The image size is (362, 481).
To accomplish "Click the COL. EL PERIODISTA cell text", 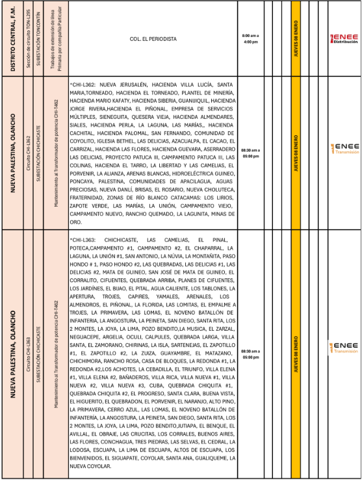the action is coord(153,39).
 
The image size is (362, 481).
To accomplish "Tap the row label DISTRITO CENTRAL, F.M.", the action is coord(14,38).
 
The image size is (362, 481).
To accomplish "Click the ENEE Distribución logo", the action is coord(344,38).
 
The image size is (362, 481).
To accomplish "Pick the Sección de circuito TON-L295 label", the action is coord(27,38).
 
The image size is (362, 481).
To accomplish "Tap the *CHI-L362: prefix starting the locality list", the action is coord(83,85).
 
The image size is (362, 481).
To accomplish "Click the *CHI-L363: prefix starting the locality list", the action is coord(83,240).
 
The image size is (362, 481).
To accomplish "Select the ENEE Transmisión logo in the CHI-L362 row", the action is coord(344,149).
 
